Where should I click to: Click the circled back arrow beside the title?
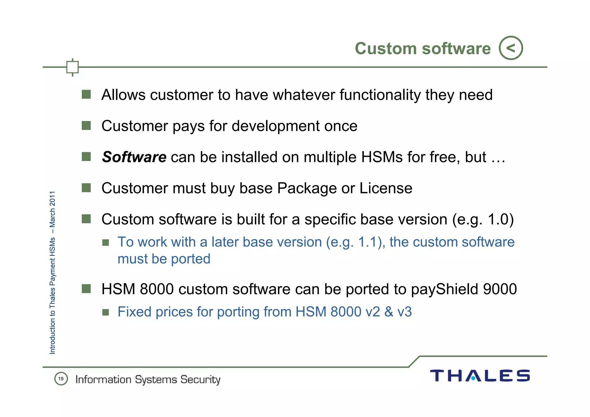click(x=511, y=48)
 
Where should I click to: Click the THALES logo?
click(x=480, y=376)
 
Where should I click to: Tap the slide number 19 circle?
click(x=61, y=379)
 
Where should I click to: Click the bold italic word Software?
click(x=134, y=157)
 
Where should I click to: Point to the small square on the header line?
click(x=72, y=67)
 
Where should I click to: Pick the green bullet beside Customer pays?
click(x=86, y=126)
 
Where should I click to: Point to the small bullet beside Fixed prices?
click(x=106, y=312)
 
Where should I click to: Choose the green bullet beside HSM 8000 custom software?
click(x=86, y=288)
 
